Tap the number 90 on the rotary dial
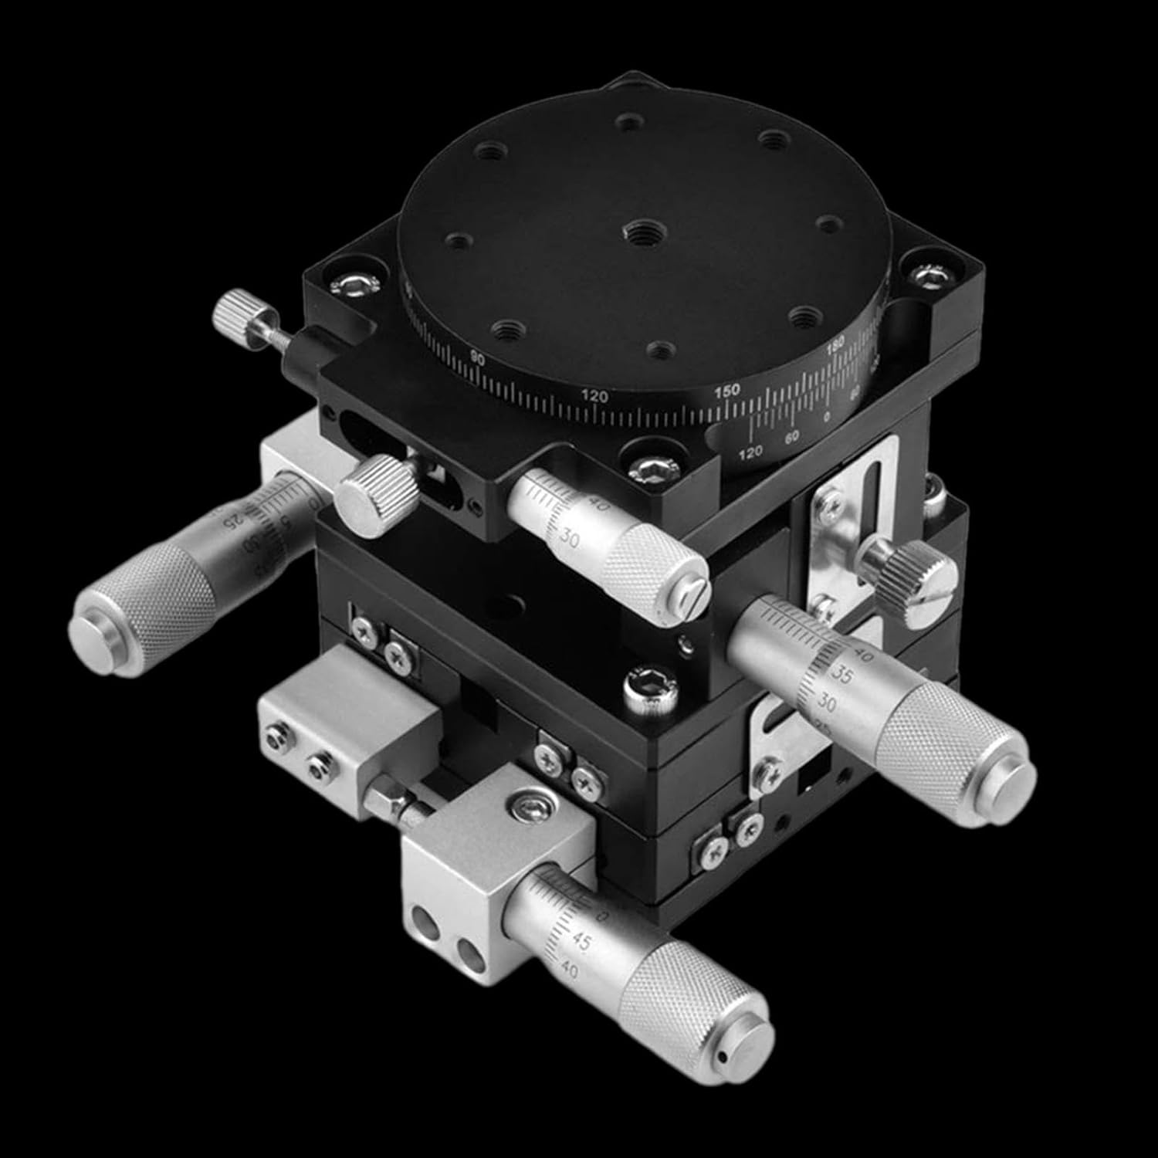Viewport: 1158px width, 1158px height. click(x=477, y=357)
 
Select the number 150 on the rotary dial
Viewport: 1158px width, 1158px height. click(x=727, y=391)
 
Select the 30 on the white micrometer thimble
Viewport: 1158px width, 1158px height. click(x=571, y=540)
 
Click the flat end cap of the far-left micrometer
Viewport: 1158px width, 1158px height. click(x=95, y=624)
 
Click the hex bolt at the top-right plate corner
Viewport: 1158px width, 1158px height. click(x=929, y=274)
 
